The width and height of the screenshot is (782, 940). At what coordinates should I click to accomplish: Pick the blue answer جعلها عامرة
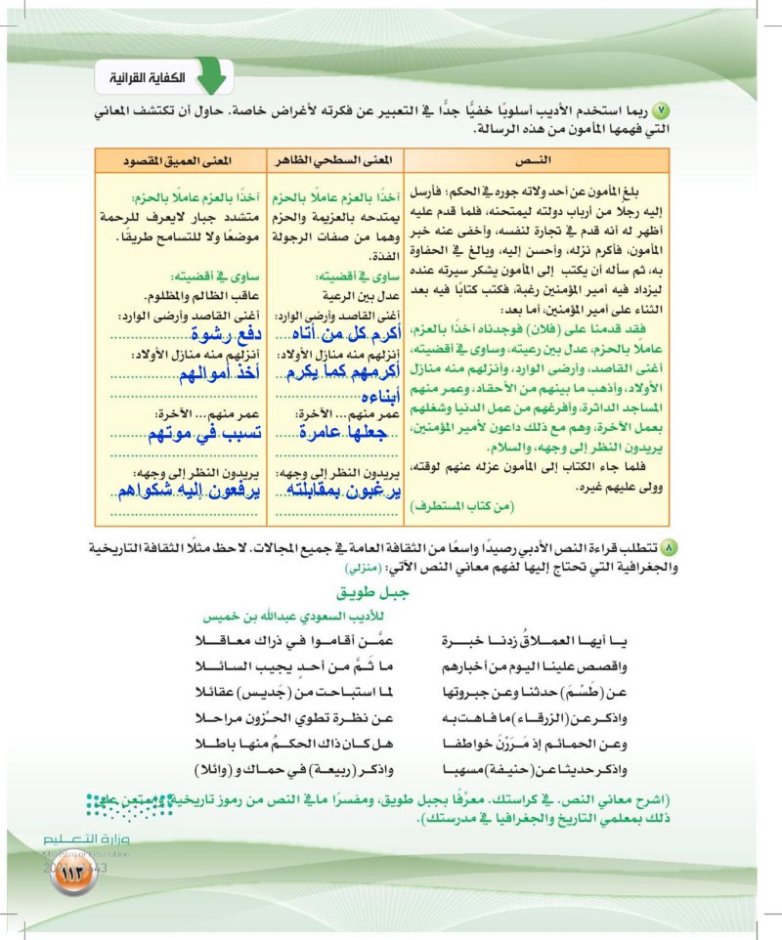pos(329,433)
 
